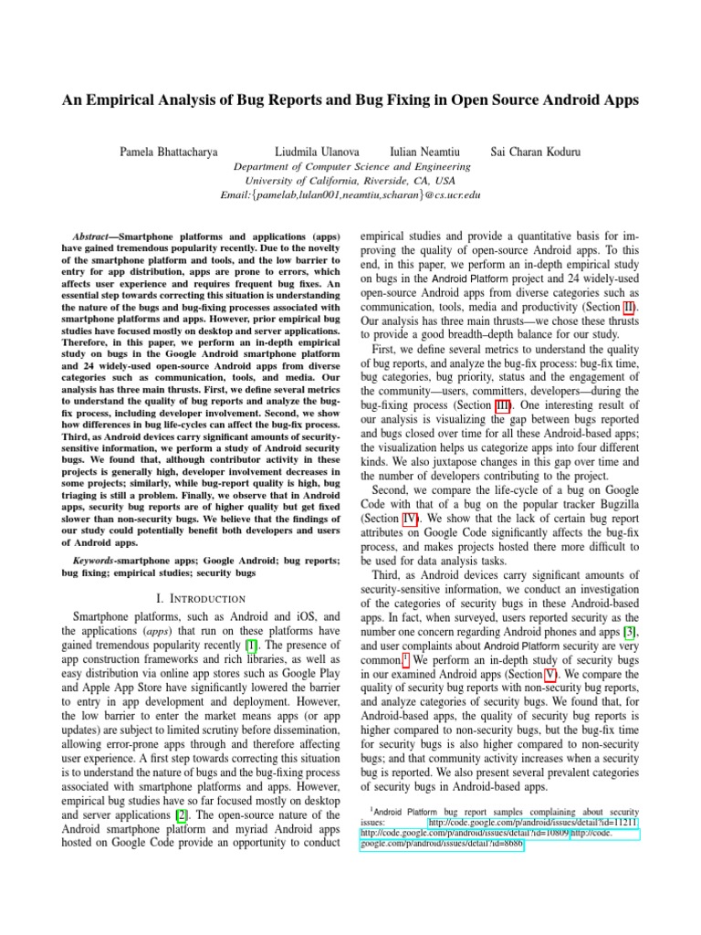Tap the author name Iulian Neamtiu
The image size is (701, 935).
[425, 151]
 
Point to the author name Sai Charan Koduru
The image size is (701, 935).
[535, 151]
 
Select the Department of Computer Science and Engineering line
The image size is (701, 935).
[352, 167]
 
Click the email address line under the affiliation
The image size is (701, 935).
[350, 194]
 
